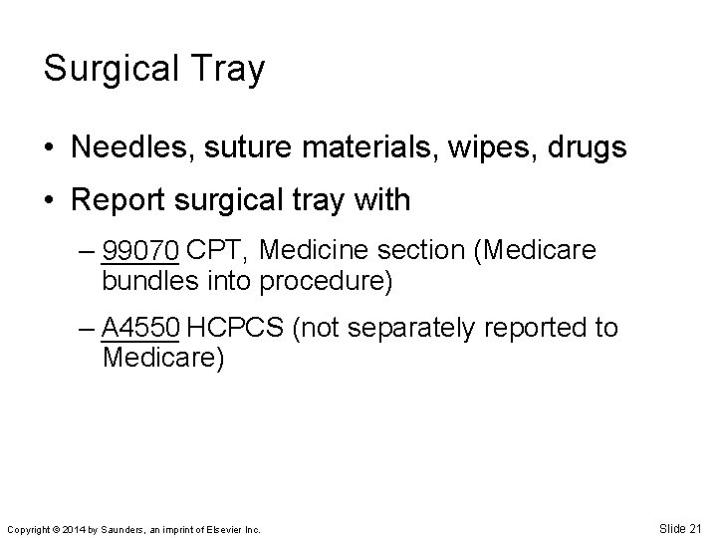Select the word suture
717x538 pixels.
tap(258, 148)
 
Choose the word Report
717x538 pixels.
tap(117, 201)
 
